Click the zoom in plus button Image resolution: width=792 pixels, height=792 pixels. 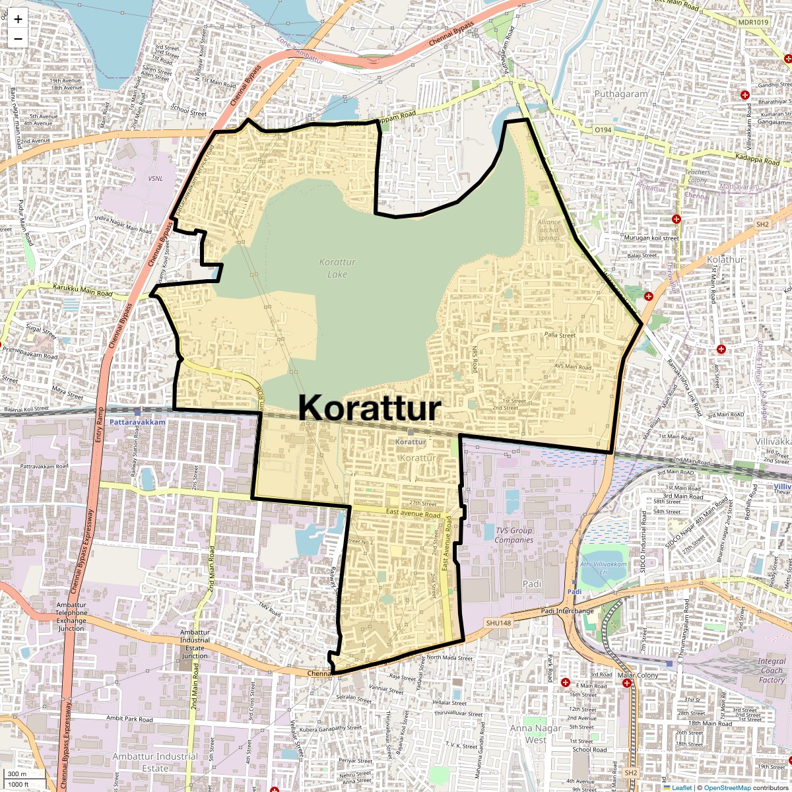(18, 19)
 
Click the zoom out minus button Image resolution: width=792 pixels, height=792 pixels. (18, 38)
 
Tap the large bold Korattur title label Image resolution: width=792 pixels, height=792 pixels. (369, 408)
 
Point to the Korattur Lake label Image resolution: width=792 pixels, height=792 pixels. (337, 268)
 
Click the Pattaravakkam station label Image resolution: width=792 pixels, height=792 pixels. (138, 422)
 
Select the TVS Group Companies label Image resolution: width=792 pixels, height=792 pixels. (514, 535)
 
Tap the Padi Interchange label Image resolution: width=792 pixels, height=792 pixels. (568, 610)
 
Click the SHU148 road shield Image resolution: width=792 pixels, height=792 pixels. (498, 623)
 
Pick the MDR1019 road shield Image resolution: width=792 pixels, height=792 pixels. (753, 22)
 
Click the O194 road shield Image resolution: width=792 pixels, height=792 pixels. (603, 130)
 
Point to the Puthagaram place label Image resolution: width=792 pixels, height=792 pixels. (621, 94)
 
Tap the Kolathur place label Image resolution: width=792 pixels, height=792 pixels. (725, 260)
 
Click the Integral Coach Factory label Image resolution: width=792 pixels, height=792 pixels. (772, 670)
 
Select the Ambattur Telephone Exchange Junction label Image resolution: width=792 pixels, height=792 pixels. (71, 616)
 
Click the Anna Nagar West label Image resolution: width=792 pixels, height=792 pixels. (535, 734)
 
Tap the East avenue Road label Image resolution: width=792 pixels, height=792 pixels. (413, 513)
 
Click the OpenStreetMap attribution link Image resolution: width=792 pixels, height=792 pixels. (727, 787)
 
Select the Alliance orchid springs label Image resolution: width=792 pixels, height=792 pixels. (548, 230)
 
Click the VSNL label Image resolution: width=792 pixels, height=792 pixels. (156, 179)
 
